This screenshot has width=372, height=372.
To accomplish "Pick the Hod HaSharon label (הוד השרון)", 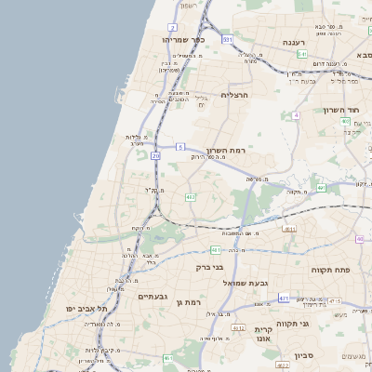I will (342, 110).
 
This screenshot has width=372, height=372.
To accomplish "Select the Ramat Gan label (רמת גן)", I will (188, 303).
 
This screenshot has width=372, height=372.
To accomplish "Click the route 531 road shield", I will (227, 40).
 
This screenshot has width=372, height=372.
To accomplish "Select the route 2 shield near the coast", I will (172, 28).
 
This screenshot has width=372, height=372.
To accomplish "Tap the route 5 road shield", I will (180, 147).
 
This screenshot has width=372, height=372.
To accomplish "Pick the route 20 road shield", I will (156, 156).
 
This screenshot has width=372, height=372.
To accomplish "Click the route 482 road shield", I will (190, 197).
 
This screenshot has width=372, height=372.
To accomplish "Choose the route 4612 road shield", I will (238, 328).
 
